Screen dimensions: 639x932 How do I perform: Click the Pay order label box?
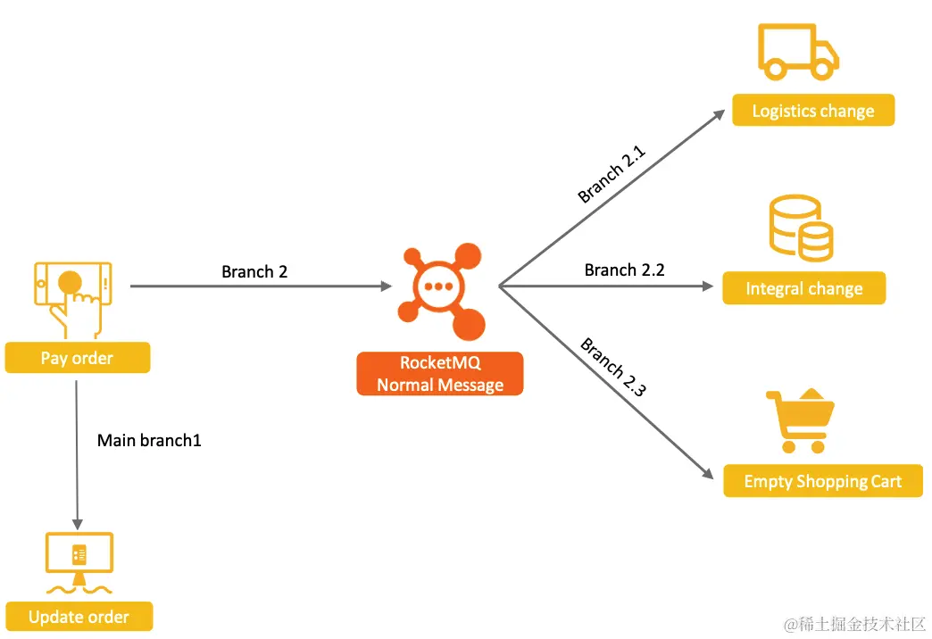pyautogui.click(x=78, y=358)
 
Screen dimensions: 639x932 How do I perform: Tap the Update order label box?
pyautogui.click(x=79, y=617)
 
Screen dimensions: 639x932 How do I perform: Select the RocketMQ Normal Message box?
pyautogui.click(x=440, y=374)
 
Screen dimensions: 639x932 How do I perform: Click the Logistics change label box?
pyautogui.click(x=813, y=111)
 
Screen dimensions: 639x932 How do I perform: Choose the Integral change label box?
pyautogui.click(x=804, y=288)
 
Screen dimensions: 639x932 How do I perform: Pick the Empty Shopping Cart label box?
pyautogui.click(x=822, y=481)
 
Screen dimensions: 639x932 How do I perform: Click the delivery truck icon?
pyautogui.click(x=798, y=53)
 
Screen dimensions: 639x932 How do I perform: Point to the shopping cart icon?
pyautogui.click(x=799, y=421)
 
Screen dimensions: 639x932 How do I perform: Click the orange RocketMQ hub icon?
pyautogui.click(x=441, y=289)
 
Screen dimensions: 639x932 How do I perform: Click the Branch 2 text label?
pyautogui.click(x=254, y=271)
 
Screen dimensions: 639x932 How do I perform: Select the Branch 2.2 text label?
pyautogui.click(x=624, y=270)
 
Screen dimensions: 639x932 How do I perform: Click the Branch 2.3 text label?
pyautogui.click(x=613, y=367)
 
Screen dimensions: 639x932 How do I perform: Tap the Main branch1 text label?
pyautogui.click(x=149, y=440)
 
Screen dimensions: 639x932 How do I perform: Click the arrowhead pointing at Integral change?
pyautogui.click(x=708, y=286)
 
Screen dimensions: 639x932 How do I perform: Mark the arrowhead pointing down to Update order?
pyautogui.click(x=77, y=524)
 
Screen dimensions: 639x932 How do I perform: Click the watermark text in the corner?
pyautogui.click(x=854, y=623)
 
